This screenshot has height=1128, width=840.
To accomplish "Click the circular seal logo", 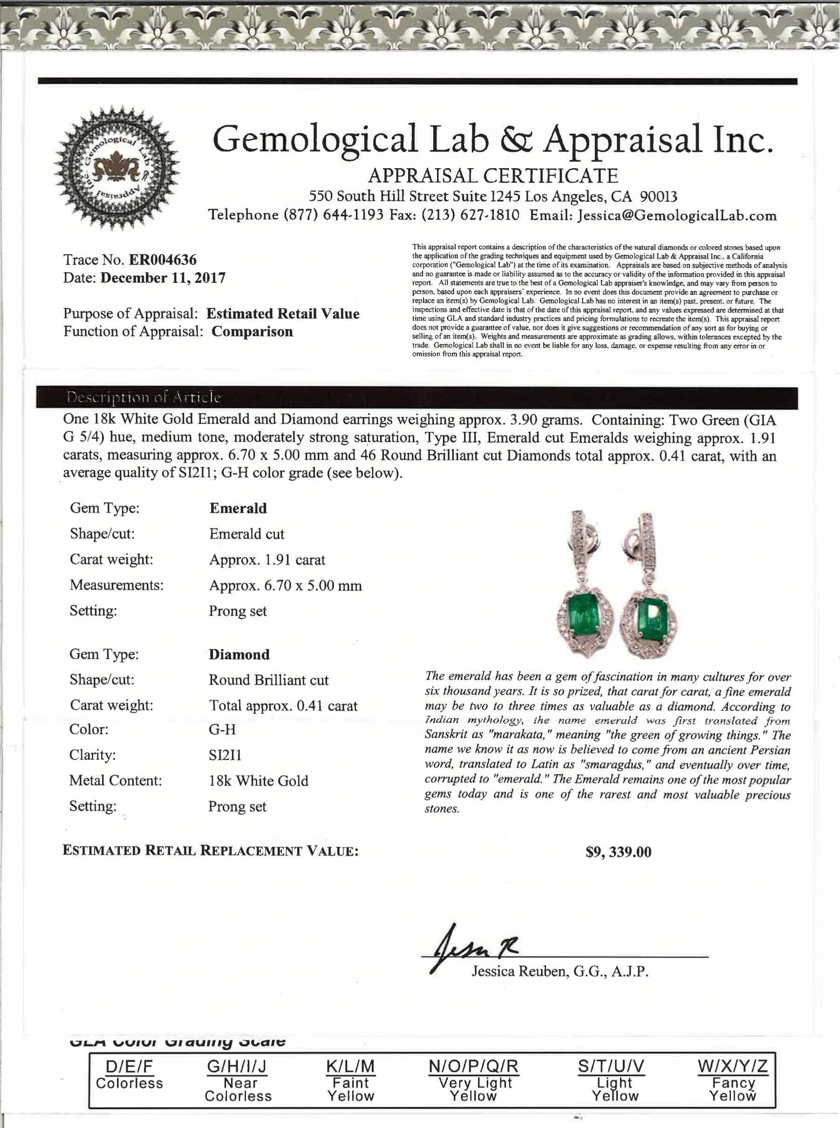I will tap(117, 167).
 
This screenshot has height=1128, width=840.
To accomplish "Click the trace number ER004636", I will tap(162, 260).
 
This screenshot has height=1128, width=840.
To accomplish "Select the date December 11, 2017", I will tap(163, 278).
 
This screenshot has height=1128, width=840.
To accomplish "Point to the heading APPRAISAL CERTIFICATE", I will tap(493, 176).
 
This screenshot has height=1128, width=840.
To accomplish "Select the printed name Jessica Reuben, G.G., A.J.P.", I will tap(560, 972).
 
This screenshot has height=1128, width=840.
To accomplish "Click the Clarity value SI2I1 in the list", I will tap(225, 755).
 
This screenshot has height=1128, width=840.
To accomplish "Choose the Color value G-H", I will tap(222, 730).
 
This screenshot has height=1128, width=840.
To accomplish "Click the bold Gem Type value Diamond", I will tap(239, 655).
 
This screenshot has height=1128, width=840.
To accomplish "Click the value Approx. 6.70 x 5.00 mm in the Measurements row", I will tap(285, 585).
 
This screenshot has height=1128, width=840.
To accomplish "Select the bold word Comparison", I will tap(252, 332).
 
